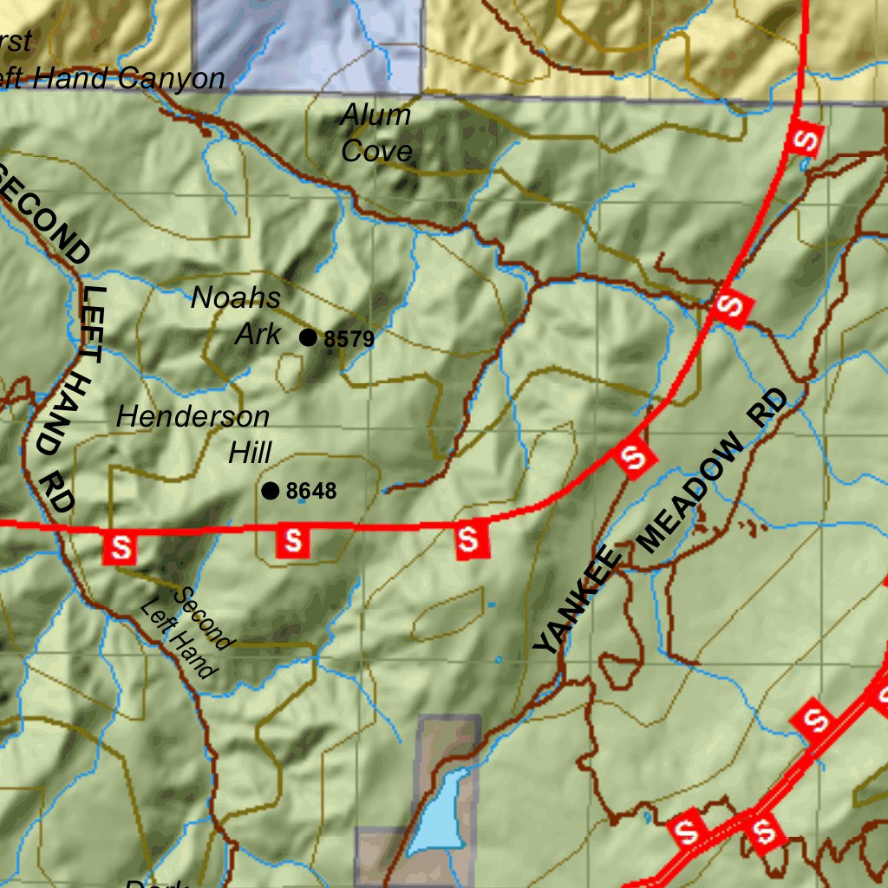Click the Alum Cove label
[375, 133]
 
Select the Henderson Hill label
[193, 434]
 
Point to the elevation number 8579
[349, 339]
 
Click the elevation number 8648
[310, 492]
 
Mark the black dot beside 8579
[308, 337]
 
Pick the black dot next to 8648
[271, 491]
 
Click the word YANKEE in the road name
[576, 604]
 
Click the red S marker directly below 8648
[293, 540]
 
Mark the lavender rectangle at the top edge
[308, 43]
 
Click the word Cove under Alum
[376, 151]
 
